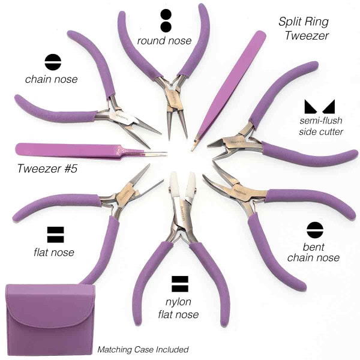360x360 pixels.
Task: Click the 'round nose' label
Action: (164, 41)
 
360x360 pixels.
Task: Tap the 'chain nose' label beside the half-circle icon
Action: (52, 79)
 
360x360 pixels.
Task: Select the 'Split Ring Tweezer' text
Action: (304, 29)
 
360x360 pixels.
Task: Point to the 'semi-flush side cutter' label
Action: (321, 126)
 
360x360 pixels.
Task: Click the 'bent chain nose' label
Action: (313, 253)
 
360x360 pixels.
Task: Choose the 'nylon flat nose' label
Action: (178, 308)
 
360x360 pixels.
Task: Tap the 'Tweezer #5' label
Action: (47, 169)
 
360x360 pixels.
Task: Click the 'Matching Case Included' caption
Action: (143, 350)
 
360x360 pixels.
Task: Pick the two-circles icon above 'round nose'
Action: (166, 20)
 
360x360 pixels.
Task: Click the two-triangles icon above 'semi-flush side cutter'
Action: (320, 107)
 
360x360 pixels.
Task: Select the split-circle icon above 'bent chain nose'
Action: (315, 230)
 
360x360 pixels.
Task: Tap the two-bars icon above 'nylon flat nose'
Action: (180, 284)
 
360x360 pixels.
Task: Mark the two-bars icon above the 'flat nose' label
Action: (55, 235)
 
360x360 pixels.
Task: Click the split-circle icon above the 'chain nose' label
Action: (53, 62)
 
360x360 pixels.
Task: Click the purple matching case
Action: (50, 320)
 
